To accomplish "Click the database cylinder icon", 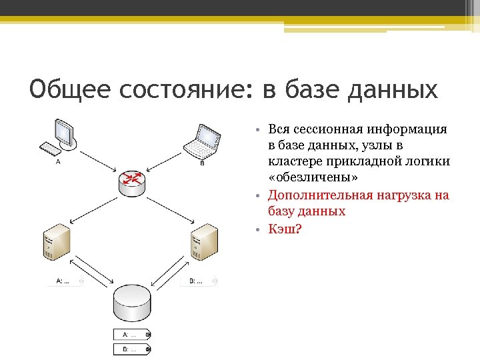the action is (x=131, y=303).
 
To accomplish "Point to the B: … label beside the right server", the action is (x=198, y=281).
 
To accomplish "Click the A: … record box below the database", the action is (x=132, y=334).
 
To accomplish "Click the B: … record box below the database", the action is (x=132, y=349).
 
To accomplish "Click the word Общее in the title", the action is (x=65, y=89).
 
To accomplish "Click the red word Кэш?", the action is (x=285, y=228).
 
